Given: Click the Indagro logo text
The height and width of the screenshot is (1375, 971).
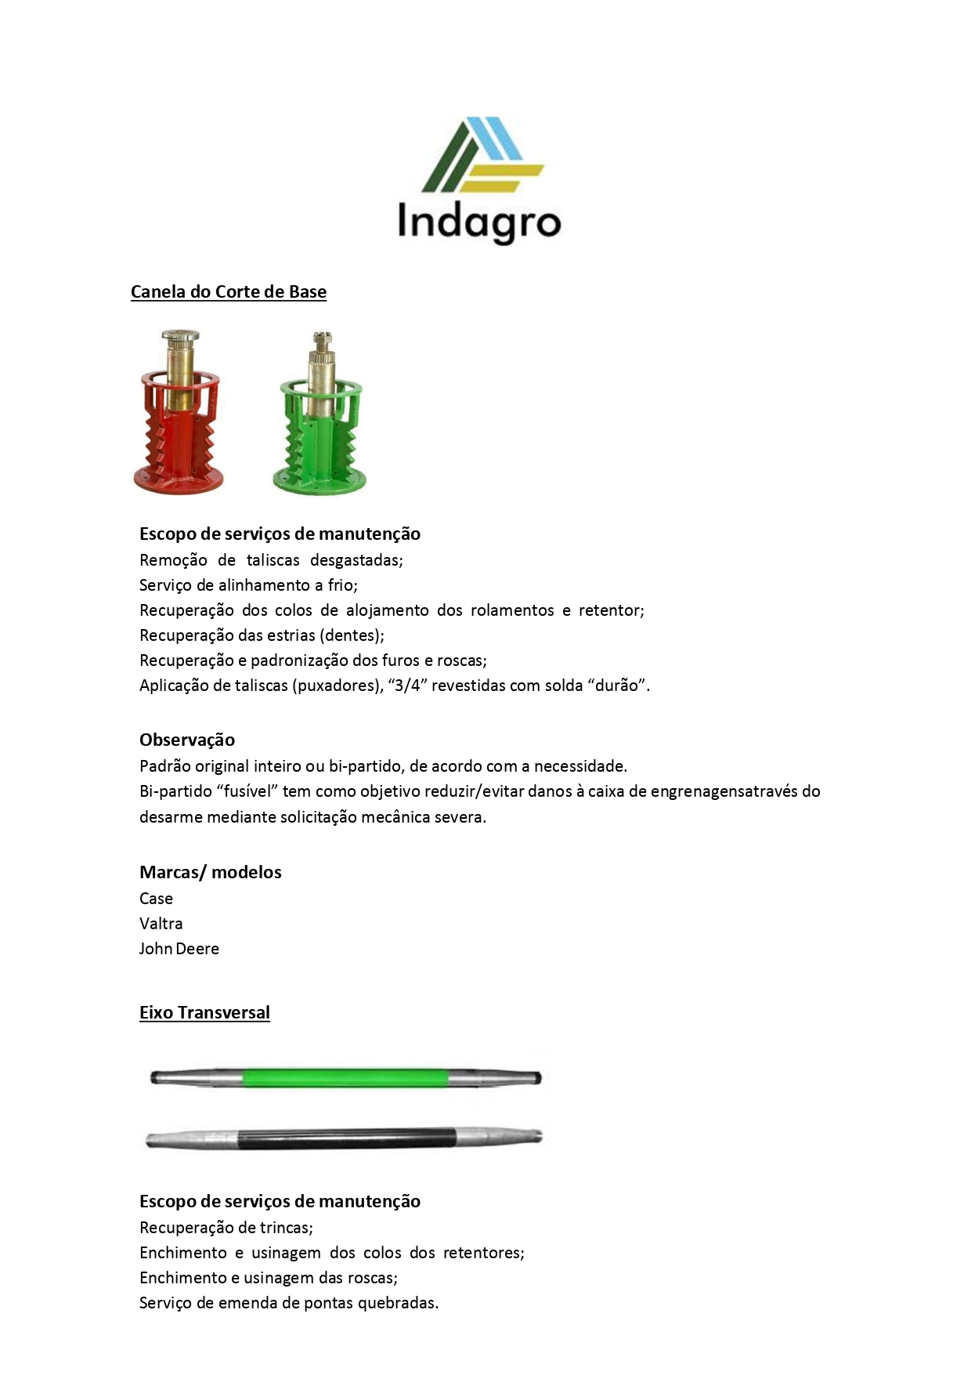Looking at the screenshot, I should pos(478,222).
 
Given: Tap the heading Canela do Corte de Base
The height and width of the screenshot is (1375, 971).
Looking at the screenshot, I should pos(228,291).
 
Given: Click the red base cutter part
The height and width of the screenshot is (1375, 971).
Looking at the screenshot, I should pos(179,413).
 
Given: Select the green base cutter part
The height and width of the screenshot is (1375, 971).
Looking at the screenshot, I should pos(320,413).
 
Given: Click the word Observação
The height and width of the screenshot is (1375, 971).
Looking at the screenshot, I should pos(187,740).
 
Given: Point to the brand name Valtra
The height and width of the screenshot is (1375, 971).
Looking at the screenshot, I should pos(161,923).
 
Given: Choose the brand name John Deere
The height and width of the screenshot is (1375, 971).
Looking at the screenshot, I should pos(179,948).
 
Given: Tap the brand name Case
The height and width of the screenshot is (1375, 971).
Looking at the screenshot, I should pos(156,898).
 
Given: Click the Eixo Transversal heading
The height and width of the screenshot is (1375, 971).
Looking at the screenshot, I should pos(204,1012).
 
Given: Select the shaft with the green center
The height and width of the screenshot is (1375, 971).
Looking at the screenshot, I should pos(345,1077).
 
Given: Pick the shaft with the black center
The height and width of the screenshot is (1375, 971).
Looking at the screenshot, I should pos(345,1138).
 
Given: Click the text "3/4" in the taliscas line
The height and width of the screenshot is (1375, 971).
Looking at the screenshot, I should pos(406,685).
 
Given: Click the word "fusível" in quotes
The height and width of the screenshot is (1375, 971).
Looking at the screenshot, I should pos(247,791).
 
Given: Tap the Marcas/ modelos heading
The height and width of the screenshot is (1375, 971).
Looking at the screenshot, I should pos(210,872).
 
